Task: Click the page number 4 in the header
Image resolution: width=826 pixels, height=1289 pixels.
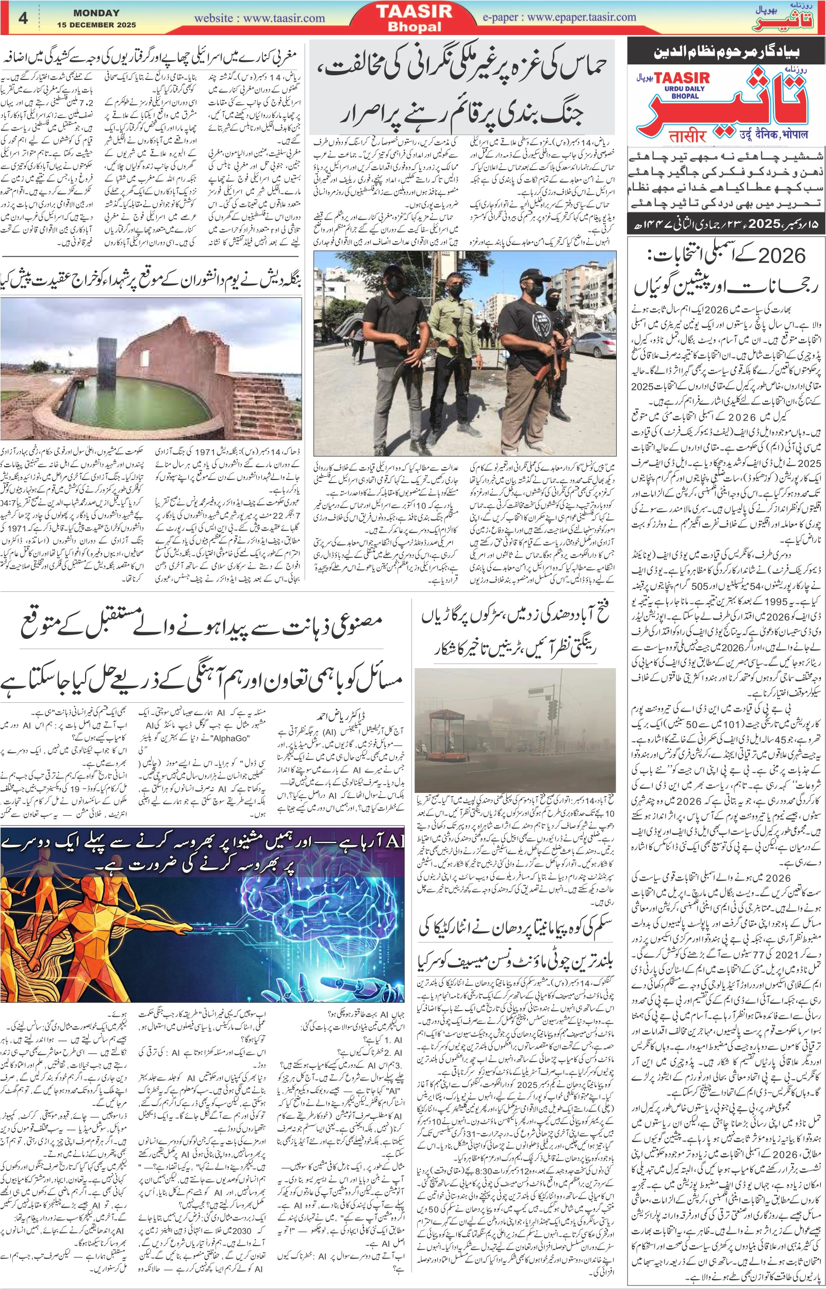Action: coord(23,18)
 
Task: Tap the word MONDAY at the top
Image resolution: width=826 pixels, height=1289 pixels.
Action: coord(96,13)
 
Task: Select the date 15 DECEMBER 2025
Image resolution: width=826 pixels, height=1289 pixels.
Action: coord(96,25)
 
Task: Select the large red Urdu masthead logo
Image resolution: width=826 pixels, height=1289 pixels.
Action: coord(751,102)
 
